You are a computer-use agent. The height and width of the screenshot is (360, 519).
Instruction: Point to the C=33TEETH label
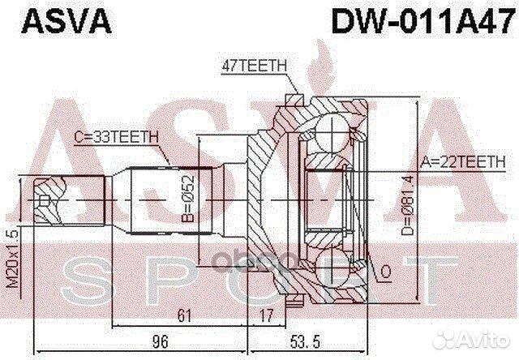(x=118, y=139)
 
